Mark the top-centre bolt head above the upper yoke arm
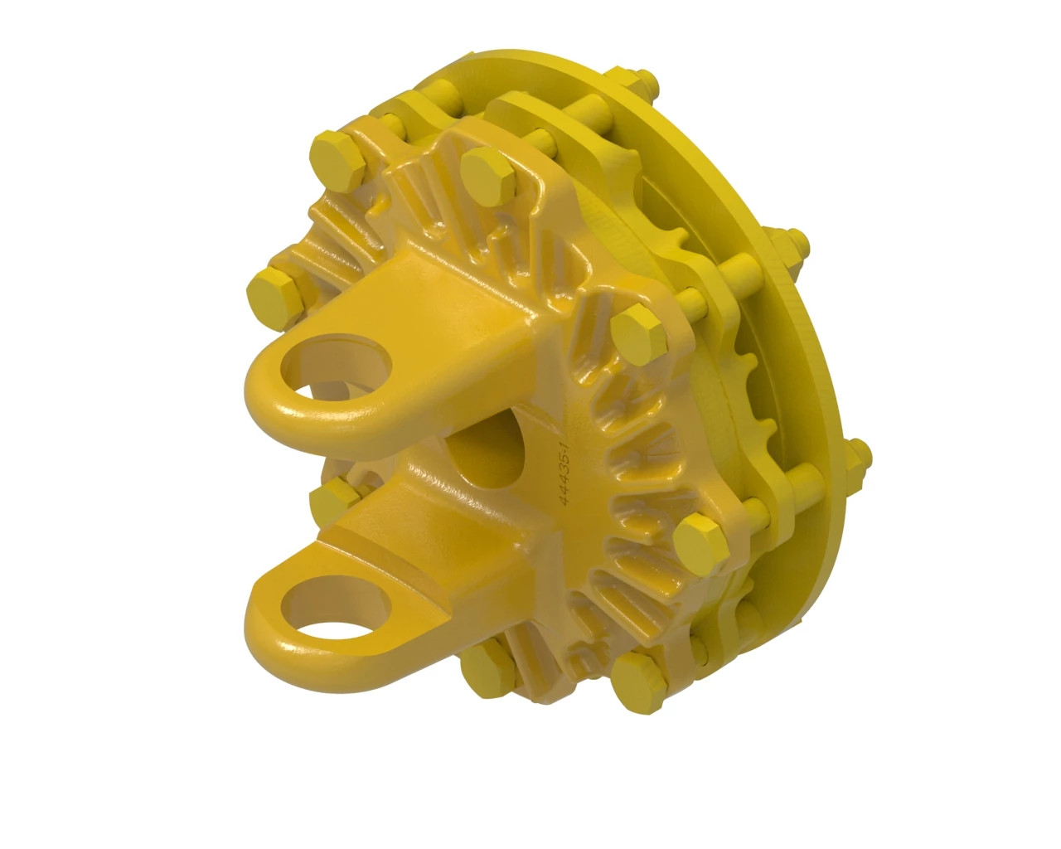(x=488, y=172)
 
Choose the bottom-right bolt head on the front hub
(x=639, y=674)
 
